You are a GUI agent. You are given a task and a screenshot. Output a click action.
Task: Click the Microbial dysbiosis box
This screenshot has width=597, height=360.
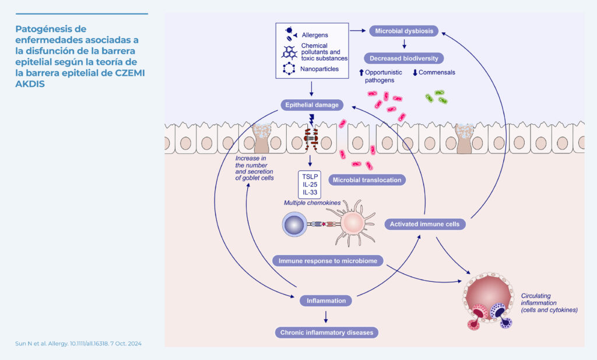[x=404, y=31]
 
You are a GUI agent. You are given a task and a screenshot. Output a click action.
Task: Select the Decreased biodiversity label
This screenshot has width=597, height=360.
[x=403, y=58]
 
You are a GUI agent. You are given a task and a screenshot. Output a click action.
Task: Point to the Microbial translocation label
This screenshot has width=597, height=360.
[x=367, y=180]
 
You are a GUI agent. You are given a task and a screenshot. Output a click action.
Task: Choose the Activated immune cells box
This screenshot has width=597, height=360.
[x=425, y=223]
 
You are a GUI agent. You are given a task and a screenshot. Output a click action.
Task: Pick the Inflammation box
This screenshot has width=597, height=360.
[x=326, y=301]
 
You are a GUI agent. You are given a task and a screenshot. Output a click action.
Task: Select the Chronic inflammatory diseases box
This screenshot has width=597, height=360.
[x=326, y=333]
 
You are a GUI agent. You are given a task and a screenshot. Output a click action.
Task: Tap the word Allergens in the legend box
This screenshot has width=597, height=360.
[x=315, y=35]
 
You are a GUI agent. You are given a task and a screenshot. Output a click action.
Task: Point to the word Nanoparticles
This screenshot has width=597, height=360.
[x=318, y=68]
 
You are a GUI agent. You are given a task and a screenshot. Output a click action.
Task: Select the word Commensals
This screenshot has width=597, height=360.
[x=437, y=73]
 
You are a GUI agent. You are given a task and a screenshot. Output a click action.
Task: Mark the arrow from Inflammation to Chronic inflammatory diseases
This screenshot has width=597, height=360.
[x=326, y=317]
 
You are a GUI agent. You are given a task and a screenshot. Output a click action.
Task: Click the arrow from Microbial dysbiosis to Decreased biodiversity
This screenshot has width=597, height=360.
[x=404, y=44]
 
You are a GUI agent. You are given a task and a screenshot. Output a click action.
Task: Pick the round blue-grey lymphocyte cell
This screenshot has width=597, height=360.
[x=296, y=224]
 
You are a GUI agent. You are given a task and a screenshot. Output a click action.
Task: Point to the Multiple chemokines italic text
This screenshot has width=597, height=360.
[x=312, y=202]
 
